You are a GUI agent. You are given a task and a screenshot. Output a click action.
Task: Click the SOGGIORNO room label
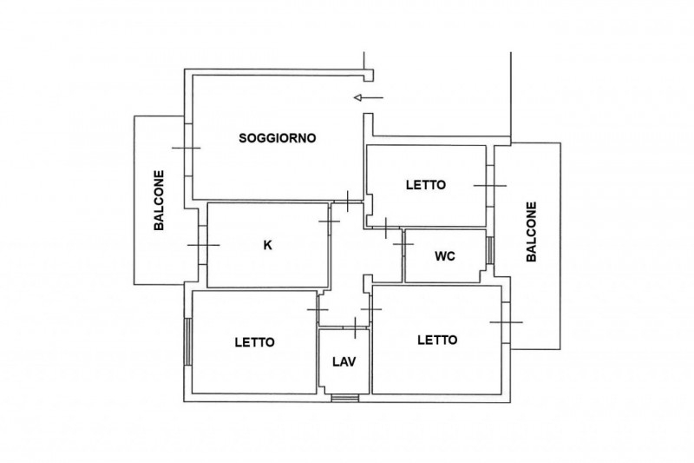[x=278, y=138]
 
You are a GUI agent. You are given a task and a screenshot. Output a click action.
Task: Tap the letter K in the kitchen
[x=268, y=245]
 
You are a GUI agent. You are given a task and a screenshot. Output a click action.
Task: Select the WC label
[x=445, y=256]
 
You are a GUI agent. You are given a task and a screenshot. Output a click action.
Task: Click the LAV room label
[x=344, y=362]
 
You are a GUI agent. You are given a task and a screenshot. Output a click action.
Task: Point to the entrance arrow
[x=368, y=97]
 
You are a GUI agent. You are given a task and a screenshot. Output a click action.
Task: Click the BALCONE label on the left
[x=159, y=201]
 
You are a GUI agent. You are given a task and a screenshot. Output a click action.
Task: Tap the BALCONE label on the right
[x=531, y=232]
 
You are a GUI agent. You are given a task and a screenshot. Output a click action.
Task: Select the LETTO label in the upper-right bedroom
[x=426, y=185]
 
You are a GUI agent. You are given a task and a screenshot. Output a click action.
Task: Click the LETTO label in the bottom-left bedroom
[x=254, y=342]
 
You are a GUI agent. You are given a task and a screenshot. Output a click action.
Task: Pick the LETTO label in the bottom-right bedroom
[x=437, y=340]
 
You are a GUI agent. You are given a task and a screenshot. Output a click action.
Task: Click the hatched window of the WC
[x=490, y=250]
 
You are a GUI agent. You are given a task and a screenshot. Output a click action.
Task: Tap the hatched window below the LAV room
[x=344, y=399]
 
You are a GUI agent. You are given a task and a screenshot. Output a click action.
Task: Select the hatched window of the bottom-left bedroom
[x=187, y=341]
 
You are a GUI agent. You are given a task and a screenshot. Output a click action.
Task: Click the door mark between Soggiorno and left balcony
[x=187, y=148]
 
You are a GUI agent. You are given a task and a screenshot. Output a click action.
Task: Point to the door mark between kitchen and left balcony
[x=204, y=245]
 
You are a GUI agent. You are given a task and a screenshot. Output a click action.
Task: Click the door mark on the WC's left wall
[x=403, y=244]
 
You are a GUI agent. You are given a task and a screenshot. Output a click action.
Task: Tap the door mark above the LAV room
[x=356, y=327]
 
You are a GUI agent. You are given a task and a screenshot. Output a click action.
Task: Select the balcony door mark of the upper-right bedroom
[x=490, y=186]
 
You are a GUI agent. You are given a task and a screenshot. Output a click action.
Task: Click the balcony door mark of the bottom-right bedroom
[x=507, y=322]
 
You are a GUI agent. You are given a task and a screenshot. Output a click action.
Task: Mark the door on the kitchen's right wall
[x=330, y=222]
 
